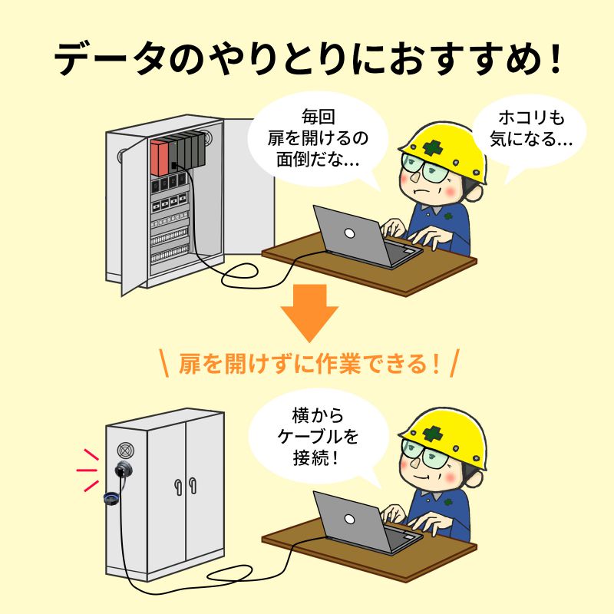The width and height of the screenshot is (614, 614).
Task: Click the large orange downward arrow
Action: click(309, 311)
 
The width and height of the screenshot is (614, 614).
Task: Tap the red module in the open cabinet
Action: click(160, 157)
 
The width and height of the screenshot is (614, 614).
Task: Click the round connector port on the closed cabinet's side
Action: click(123, 470)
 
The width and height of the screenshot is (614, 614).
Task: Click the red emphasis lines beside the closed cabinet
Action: click(88, 468)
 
